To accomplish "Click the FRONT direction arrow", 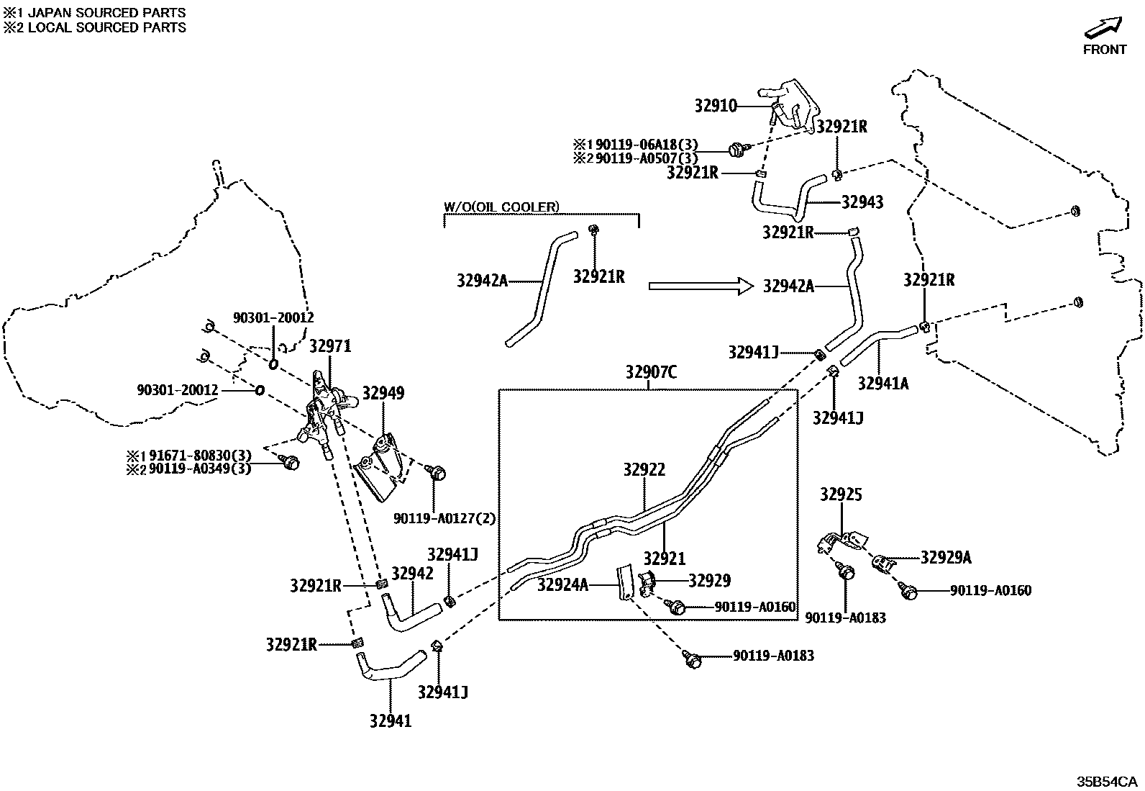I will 1103,28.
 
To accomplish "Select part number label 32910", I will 716,106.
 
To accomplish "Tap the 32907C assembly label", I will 651,372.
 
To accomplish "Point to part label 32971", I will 330,346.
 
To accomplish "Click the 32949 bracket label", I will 383,393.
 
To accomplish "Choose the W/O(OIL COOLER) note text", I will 501,207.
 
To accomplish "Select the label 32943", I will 862,202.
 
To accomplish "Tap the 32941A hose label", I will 882,384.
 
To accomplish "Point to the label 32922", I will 644,469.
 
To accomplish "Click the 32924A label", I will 562,584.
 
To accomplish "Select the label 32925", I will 841,494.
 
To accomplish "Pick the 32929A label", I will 946,557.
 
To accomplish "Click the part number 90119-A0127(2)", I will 444,518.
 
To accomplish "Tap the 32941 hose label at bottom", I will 391,720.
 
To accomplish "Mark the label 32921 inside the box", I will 664,558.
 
